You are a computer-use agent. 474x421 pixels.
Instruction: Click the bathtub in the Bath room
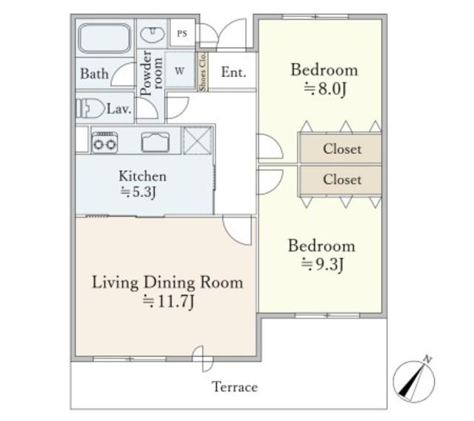click(104, 38)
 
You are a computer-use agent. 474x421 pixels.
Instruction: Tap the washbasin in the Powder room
click(153, 34)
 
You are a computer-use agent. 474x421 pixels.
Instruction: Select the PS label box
click(182, 33)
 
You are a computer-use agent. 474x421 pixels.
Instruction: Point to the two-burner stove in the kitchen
click(104, 143)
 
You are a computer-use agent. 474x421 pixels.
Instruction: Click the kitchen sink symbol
click(156, 142)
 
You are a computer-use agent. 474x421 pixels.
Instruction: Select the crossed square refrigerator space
click(198, 141)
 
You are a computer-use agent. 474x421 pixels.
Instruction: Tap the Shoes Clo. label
click(202, 72)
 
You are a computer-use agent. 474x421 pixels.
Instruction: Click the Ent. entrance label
click(233, 73)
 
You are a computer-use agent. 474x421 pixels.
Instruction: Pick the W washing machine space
click(179, 71)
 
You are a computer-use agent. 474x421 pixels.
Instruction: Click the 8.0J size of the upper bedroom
click(324, 89)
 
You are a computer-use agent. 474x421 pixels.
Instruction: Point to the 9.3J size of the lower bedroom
click(323, 265)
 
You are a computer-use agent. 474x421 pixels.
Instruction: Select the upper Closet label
click(342, 149)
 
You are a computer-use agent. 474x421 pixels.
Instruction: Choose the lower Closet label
click(342, 179)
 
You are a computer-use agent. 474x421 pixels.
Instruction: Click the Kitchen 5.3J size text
click(138, 192)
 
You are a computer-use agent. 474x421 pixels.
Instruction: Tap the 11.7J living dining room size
click(168, 301)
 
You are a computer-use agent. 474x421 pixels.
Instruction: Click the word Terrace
click(235, 387)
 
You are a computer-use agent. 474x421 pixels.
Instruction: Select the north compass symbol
click(414, 380)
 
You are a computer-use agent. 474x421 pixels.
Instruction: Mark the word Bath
click(94, 74)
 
